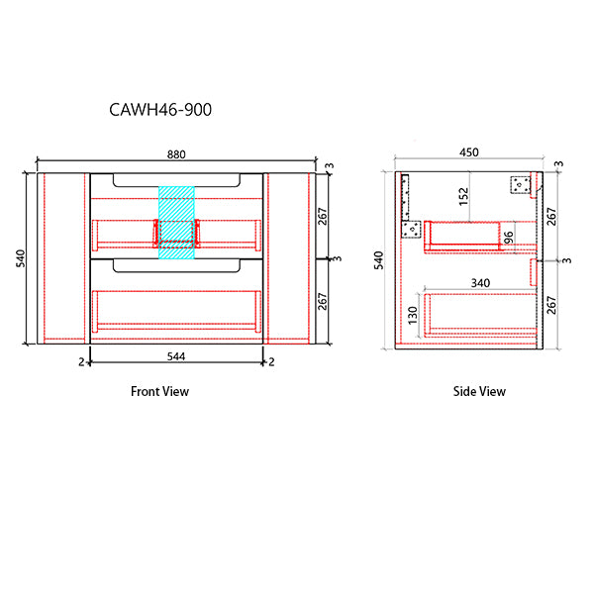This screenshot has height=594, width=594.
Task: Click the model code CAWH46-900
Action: tap(159, 110)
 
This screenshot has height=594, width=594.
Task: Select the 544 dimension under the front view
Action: tap(177, 353)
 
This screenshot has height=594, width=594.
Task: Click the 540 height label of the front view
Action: tap(21, 258)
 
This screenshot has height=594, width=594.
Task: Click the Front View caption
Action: tap(159, 391)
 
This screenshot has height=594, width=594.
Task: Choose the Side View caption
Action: tap(479, 391)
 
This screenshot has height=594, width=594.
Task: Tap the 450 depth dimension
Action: tap(469, 152)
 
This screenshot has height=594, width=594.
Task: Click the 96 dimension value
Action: tap(508, 238)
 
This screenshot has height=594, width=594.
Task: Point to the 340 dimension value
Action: tap(480, 283)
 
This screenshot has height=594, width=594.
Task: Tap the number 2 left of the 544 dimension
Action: tap(82, 362)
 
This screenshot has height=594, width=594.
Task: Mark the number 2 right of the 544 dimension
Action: tap(271, 362)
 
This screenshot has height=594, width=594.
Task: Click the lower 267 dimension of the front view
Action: tap(323, 302)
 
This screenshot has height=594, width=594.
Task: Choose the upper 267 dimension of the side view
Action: tap(552, 215)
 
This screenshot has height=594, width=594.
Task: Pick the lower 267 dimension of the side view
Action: tap(552, 304)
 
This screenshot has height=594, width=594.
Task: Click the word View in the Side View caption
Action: tap(492, 391)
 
